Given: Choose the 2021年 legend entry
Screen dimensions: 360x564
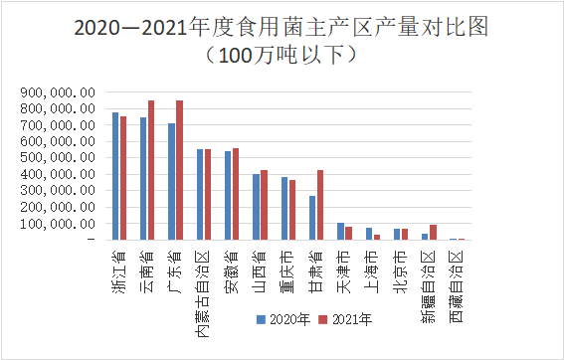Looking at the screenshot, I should (348, 319).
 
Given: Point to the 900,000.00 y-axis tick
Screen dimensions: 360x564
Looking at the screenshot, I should (57, 92).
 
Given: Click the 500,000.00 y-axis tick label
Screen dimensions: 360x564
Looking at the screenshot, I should (57, 157).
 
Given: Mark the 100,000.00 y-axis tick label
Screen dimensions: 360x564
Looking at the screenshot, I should (57, 223).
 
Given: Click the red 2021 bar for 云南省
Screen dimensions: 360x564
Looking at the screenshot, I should (151, 170).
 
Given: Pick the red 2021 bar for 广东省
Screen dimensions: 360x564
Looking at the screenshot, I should (179, 170).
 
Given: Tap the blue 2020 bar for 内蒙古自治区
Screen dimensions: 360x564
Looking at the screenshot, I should (200, 194).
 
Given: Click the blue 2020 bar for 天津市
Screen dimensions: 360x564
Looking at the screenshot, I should (340, 231).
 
